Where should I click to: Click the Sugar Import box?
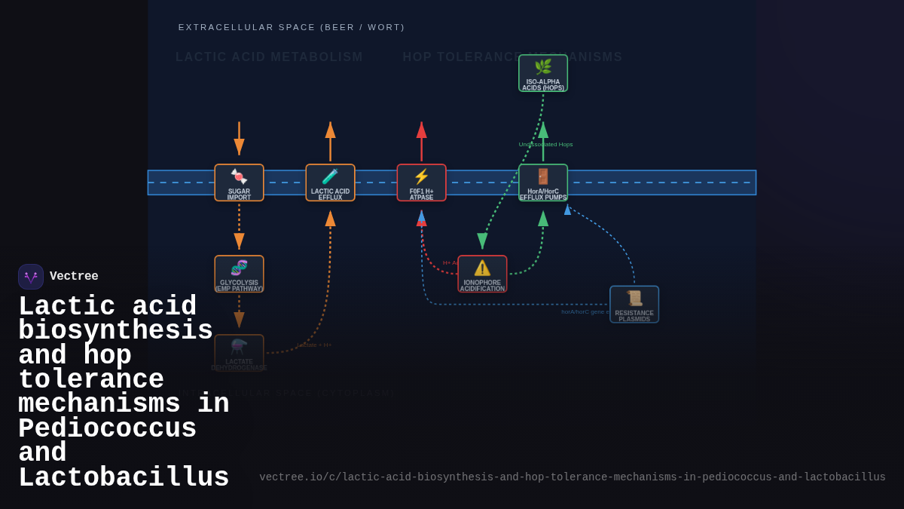click(x=239, y=182)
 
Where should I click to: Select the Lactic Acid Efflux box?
click(x=330, y=182)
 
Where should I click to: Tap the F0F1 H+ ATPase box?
click(x=421, y=182)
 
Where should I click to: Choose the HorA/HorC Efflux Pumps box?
click(x=543, y=182)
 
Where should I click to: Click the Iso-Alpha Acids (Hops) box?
click(x=543, y=73)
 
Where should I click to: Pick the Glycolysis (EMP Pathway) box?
click(x=239, y=274)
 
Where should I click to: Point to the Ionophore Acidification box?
click(x=482, y=274)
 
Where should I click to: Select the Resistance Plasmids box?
click(x=634, y=304)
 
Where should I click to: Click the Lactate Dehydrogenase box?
click(x=239, y=353)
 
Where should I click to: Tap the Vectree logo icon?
click(x=31, y=277)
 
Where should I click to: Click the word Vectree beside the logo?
click(x=74, y=277)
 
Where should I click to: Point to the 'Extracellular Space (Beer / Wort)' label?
click(x=292, y=27)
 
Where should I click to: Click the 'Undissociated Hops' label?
click(x=545, y=145)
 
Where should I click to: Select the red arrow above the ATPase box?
click(x=421, y=140)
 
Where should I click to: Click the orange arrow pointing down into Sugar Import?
click(x=239, y=140)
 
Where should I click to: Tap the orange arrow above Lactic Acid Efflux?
click(x=330, y=140)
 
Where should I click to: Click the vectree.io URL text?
click(x=573, y=477)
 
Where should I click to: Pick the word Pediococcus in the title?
click(x=107, y=429)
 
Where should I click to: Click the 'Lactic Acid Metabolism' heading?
click(x=269, y=57)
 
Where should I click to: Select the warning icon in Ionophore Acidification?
click(x=482, y=268)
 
